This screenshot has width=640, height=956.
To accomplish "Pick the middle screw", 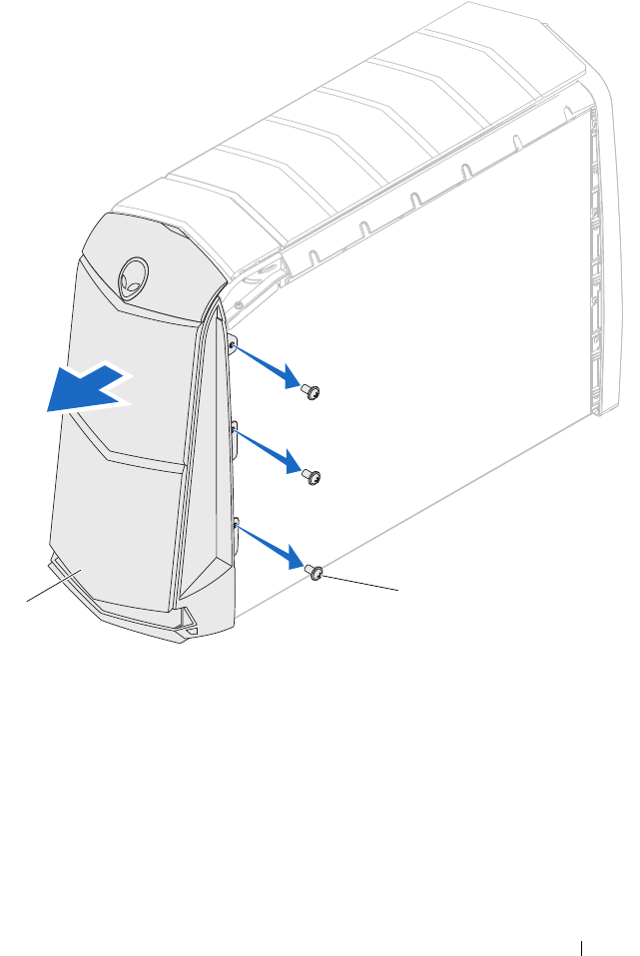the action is [312, 477].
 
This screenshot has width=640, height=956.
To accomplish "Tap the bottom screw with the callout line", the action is [314, 572].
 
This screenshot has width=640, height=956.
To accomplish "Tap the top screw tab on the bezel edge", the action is [233, 344].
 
